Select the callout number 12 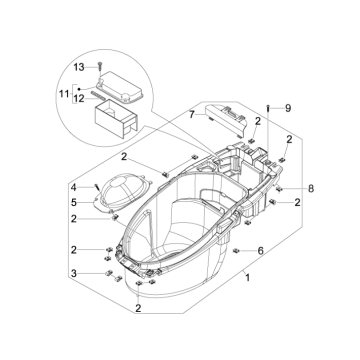(81, 97)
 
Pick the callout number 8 (283, 187)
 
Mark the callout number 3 (73, 273)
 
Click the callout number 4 (73, 187)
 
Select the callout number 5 (73, 204)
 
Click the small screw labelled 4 (96, 186)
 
